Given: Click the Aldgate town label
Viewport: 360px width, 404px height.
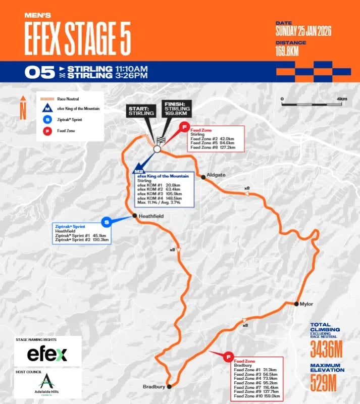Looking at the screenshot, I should [216, 175].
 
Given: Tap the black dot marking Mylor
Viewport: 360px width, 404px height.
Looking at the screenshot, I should [296, 304].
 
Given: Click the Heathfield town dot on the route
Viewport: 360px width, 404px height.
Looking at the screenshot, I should [135, 216].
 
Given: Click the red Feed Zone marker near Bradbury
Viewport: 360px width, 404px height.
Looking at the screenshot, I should [228, 357].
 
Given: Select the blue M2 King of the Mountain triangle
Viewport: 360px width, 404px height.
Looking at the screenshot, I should [136, 170].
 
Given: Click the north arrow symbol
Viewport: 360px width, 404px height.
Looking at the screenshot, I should [23, 108].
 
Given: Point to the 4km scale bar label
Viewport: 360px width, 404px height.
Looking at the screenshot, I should [342, 98].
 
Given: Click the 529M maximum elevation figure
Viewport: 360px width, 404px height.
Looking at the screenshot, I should [323, 383].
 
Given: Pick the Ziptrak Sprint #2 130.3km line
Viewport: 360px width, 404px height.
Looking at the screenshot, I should [82, 240].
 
